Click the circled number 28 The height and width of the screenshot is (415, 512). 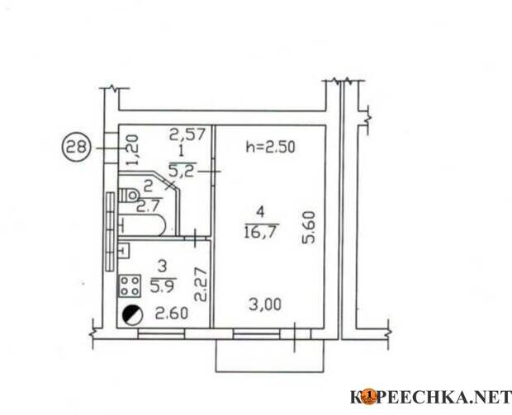[76, 149]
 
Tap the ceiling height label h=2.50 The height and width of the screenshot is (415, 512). [270, 147]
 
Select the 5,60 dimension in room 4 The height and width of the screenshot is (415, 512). [309, 228]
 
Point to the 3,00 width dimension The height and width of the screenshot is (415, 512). [265, 305]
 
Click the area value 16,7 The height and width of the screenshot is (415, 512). [261, 232]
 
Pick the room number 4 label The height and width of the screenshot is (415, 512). [260, 212]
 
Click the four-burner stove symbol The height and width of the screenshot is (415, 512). [130, 286]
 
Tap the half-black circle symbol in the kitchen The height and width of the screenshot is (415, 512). [133, 315]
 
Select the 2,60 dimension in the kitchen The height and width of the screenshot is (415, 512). [172, 314]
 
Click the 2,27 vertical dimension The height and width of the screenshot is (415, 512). [201, 285]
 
